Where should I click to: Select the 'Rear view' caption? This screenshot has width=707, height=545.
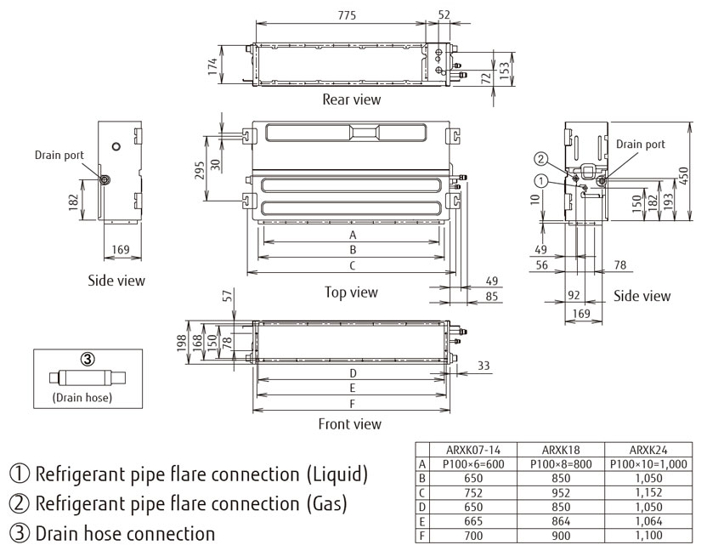(x=351, y=99)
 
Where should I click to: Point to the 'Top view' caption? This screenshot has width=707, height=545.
(x=350, y=292)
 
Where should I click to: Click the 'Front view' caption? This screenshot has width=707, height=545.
(x=349, y=423)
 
